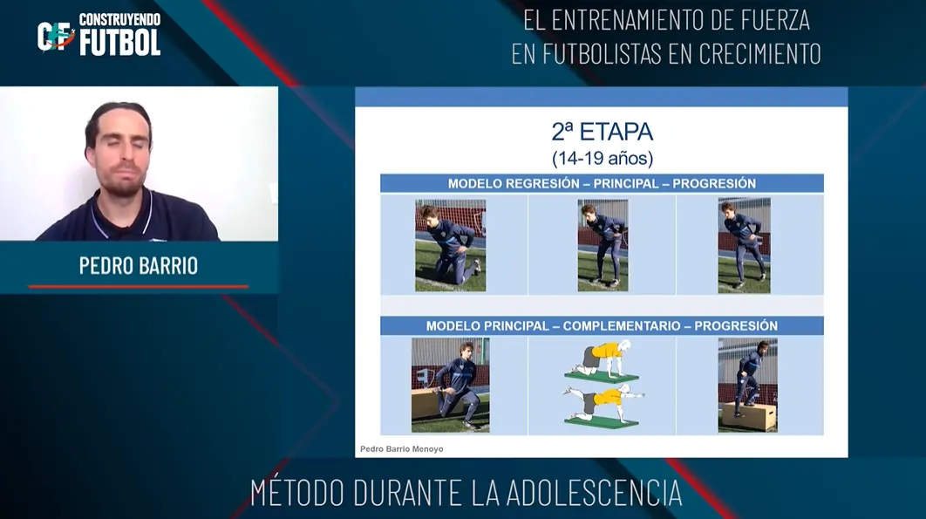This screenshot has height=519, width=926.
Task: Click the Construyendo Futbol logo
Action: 99,34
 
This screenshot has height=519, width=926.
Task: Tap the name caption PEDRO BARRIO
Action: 139,266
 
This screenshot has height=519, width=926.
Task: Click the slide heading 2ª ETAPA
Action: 603,132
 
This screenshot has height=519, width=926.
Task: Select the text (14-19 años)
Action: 603,159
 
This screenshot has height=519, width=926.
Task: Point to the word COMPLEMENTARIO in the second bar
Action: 622,325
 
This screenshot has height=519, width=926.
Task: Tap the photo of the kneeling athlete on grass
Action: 451,245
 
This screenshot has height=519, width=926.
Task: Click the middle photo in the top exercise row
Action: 603,245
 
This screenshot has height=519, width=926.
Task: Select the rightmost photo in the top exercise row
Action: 744,245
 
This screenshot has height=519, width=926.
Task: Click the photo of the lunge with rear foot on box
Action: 451,385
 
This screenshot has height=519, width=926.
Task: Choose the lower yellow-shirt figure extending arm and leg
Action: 603,407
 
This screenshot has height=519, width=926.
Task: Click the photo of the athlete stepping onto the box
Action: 747,385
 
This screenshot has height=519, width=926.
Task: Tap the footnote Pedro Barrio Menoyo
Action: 402,449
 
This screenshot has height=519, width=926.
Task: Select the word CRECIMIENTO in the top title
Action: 760,54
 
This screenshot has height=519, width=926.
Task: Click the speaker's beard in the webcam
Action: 123,184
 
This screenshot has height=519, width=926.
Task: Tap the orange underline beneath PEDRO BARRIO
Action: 138,287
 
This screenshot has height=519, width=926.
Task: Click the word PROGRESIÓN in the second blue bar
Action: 736,325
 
